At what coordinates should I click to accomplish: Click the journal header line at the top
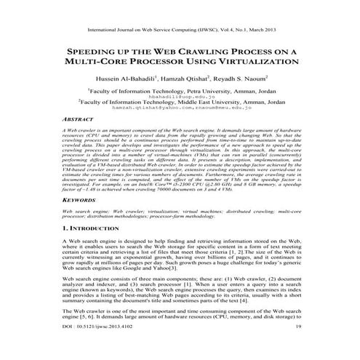tap(180, 31)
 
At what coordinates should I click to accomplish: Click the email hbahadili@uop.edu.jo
tap(179, 96)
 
